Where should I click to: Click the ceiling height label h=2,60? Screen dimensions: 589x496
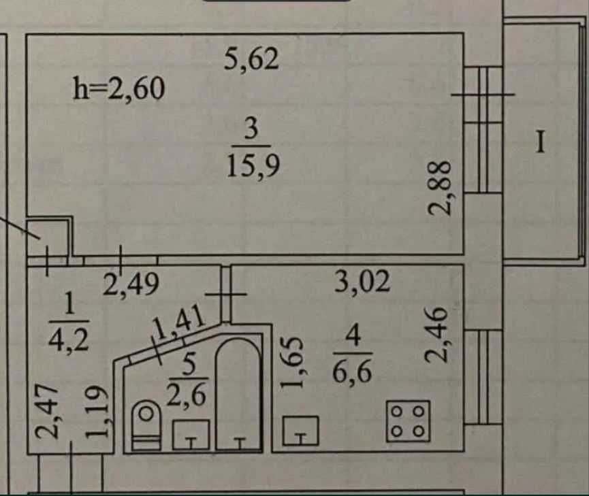click(118, 88)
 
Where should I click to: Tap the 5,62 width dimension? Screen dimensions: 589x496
click(251, 59)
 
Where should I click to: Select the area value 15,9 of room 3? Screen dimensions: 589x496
click(253, 167)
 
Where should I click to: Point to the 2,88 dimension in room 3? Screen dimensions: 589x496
click(439, 188)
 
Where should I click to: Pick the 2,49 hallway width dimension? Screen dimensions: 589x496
click(131, 284)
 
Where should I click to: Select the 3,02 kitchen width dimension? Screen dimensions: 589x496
click(362, 281)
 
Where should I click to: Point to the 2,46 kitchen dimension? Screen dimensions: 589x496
click(436, 335)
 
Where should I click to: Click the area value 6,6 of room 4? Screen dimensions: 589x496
click(352, 371)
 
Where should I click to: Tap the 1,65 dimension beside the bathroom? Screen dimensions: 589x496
click(291, 363)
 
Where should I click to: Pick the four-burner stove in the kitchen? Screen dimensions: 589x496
click(408, 421)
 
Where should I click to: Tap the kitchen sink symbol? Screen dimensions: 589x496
click(301, 431)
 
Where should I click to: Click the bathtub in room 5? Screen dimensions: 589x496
click(238, 393)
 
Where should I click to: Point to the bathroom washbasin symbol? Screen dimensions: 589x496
click(191, 434)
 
